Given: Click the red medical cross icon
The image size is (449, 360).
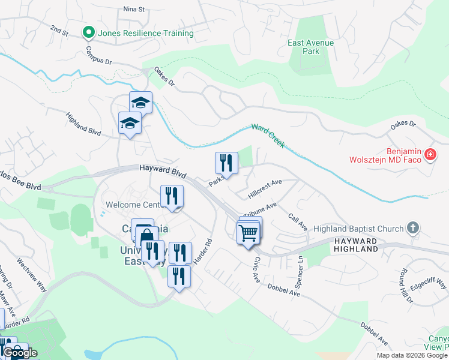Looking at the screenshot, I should click(430, 155).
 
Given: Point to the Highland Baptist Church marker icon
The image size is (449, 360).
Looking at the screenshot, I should click(412, 229).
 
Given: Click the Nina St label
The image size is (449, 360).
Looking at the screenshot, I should click(134, 10).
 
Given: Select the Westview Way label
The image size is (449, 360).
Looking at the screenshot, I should click(32, 275).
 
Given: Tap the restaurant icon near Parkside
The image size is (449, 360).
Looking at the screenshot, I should click(226, 162).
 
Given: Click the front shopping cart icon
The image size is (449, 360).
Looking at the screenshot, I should click(248, 232).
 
